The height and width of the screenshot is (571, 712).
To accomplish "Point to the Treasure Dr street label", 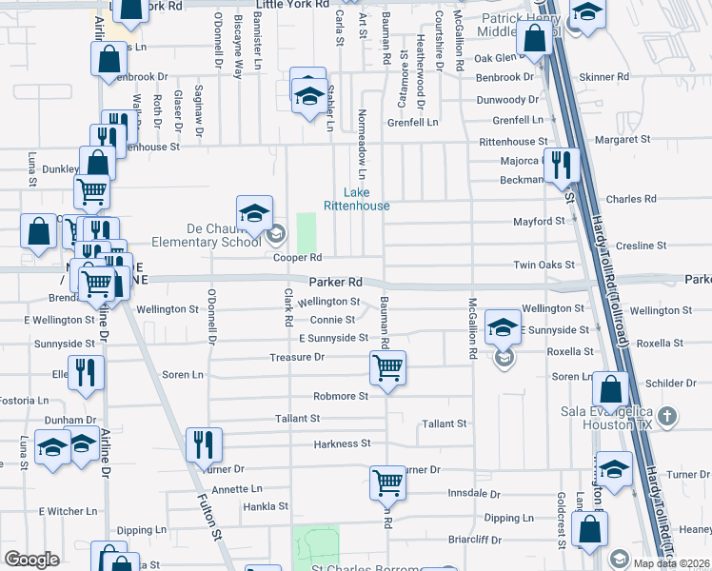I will (298, 357).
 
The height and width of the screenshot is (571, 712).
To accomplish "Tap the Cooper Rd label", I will (298, 258).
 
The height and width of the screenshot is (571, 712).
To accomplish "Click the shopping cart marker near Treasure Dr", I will (388, 366).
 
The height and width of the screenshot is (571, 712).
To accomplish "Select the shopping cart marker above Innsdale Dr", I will (388, 482).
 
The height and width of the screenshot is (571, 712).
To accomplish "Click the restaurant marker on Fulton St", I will (205, 443).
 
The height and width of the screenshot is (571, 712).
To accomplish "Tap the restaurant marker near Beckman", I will (562, 164).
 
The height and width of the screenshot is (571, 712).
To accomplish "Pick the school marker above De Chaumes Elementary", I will (254, 214).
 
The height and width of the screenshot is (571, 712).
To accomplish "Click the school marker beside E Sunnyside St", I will (502, 327).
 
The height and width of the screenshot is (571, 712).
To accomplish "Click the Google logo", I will (32, 560).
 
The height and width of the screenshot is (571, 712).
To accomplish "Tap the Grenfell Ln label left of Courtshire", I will (413, 123).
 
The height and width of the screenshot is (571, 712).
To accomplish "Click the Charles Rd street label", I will (630, 200).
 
